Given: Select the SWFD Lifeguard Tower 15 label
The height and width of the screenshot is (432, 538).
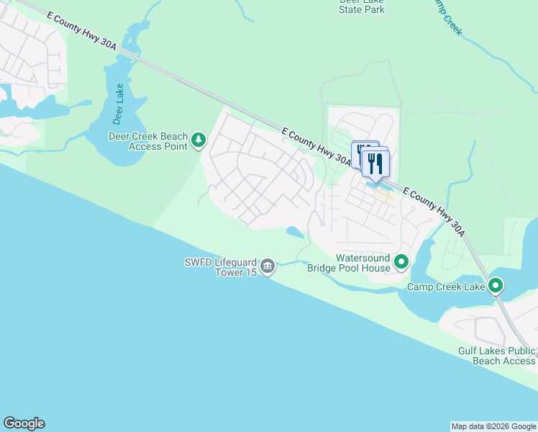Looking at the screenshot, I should [x=220, y=266].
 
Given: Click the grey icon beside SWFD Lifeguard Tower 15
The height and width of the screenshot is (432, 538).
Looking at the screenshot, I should [x=268, y=267].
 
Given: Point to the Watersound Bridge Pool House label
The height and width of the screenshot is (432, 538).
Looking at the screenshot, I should [x=349, y=263].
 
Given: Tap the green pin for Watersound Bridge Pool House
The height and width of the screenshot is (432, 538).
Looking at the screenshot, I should [x=401, y=262].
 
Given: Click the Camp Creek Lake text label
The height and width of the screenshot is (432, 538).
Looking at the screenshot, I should [x=446, y=287].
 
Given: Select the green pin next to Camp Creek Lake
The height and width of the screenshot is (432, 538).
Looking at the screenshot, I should [x=496, y=287].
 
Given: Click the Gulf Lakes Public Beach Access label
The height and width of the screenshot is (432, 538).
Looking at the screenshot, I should [x=497, y=356].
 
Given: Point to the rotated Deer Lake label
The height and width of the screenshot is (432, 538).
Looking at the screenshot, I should [x=118, y=104].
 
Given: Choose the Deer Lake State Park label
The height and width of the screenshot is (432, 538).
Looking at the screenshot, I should [x=361, y=6].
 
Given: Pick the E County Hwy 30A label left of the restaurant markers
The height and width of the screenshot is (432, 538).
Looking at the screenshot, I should [x=316, y=147].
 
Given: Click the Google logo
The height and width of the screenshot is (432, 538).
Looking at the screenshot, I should [x=24, y=423].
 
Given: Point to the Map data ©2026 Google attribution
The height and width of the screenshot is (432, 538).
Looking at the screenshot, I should [x=493, y=426].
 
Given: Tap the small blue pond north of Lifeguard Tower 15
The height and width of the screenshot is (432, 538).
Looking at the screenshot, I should [x=294, y=232].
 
